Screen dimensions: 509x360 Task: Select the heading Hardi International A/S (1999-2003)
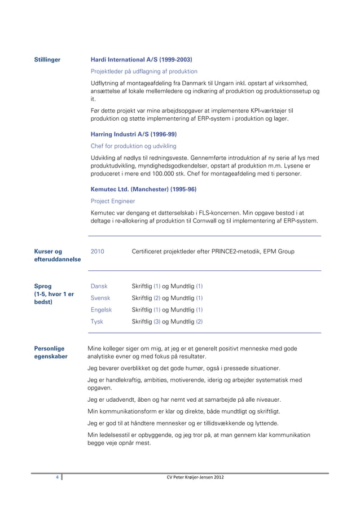(142, 59)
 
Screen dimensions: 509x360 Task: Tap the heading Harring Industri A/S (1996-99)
(133, 135)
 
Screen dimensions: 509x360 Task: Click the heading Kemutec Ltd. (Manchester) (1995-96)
(143, 189)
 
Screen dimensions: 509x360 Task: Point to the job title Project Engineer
(113, 201)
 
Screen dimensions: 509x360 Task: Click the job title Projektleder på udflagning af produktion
(144, 71)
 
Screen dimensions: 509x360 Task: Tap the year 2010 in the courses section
(97, 251)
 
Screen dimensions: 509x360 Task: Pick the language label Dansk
(99, 286)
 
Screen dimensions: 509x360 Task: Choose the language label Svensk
(100, 298)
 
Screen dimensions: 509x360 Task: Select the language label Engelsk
(101, 310)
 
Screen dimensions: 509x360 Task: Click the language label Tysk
(97, 322)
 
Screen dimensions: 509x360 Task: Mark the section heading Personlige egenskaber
(50, 353)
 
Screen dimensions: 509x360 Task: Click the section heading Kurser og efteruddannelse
(57, 255)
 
